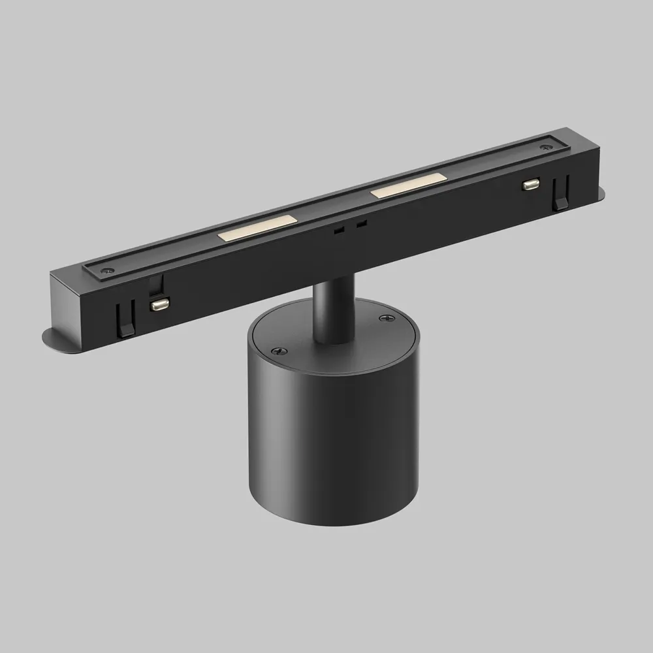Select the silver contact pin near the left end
pyautogui.click(x=158, y=304)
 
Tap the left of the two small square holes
pyautogui.click(x=338, y=231)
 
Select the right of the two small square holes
pyautogui.click(x=362, y=224)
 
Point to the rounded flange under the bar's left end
pyautogui.click(x=56, y=339)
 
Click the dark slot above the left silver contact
pyautogui.click(x=155, y=285)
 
